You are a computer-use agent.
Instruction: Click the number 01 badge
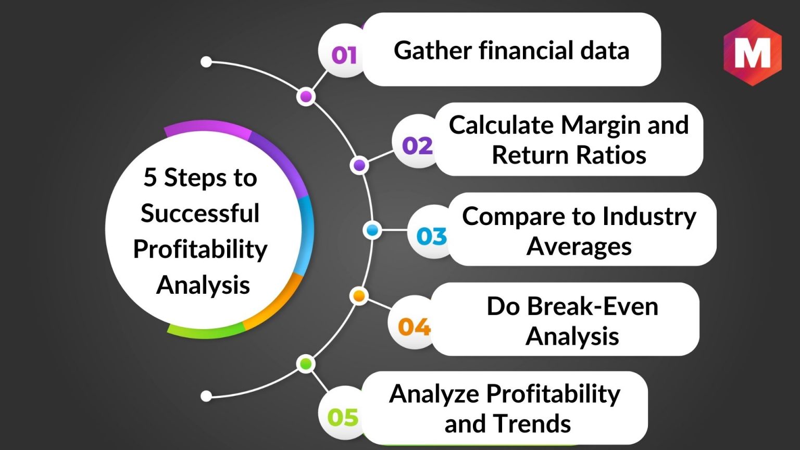[x=344, y=55]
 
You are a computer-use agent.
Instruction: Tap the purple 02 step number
[x=418, y=146]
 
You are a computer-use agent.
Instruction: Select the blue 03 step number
[x=431, y=236]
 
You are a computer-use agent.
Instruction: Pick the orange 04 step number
[x=414, y=327]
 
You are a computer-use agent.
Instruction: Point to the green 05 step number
[x=343, y=417]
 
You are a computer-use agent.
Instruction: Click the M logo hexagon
[x=753, y=53]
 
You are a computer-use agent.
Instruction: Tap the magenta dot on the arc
[x=306, y=96]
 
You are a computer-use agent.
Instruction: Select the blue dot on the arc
[x=372, y=230]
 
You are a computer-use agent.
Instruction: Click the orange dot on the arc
[x=359, y=296]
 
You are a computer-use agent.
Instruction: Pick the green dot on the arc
[x=306, y=364]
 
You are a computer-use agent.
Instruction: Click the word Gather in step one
[x=433, y=51]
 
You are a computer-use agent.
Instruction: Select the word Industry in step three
[x=649, y=217]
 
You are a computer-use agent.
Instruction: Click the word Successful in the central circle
[x=200, y=213]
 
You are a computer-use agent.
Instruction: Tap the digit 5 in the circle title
[x=150, y=178]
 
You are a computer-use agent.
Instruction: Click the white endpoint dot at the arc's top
[x=206, y=62]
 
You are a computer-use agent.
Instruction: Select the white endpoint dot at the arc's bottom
[x=206, y=396]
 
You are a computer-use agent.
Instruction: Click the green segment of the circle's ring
[x=206, y=332]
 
